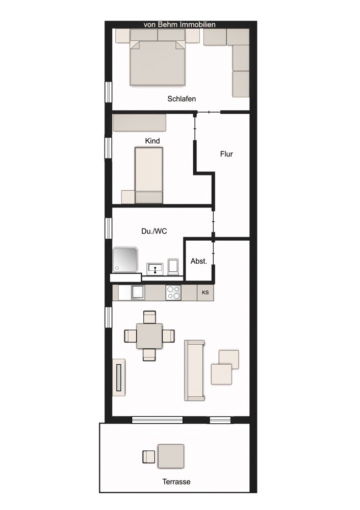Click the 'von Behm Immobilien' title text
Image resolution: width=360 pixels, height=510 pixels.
179,24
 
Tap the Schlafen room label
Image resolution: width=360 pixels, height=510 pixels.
182,99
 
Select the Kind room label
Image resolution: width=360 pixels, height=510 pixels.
152,141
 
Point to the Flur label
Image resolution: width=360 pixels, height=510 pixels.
226,154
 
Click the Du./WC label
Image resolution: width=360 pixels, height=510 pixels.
154,231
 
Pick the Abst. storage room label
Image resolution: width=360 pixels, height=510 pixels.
198,261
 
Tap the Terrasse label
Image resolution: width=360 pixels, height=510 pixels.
176,481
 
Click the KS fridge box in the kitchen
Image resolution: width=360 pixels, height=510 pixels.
205,293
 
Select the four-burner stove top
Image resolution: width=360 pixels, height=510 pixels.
173,293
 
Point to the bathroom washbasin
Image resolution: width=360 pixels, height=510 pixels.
155,268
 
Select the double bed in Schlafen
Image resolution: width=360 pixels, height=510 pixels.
158,62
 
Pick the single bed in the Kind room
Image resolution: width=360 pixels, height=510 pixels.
148,175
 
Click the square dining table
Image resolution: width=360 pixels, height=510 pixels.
150,336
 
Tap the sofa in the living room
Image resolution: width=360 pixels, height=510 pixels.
194,370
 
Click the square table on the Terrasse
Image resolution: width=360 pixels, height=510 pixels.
171,456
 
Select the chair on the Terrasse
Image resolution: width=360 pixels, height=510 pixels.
148,456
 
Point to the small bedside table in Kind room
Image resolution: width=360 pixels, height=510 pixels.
127,197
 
